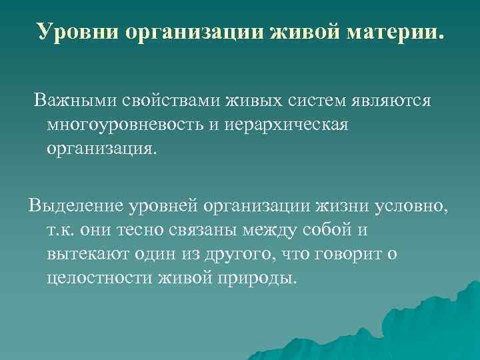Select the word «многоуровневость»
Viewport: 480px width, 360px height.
[x=123, y=126]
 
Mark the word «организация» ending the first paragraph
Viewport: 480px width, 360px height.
[x=101, y=148]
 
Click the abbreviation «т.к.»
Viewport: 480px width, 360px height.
[x=62, y=229]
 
